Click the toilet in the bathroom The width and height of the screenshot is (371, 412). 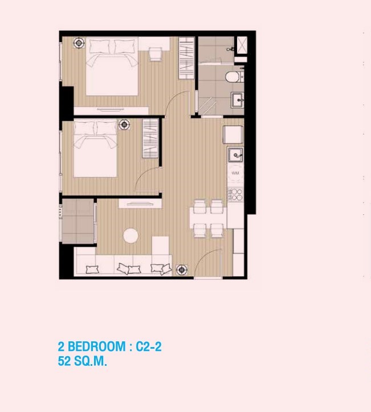pyautogui.click(x=233, y=77)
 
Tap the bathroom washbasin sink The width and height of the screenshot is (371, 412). pyautogui.click(x=237, y=100)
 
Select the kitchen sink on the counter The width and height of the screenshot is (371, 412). pyautogui.click(x=235, y=155)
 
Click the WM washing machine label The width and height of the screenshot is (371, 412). pyautogui.click(x=235, y=173)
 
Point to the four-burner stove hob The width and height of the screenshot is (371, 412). pyautogui.click(x=235, y=195)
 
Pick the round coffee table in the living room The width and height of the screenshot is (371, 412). pyautogui.click(x=131, y=236)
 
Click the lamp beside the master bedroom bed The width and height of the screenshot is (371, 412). pyautogui.click(x=79, y=43)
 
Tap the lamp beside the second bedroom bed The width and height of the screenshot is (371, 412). pyautogui.click(x=124, y=125)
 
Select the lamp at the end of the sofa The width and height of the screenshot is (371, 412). pyautogui.click(x=182, y=270)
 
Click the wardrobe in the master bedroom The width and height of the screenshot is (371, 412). pyautogui.click(x=186, y=58)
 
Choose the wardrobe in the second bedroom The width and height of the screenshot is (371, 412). pyautogui.click(x=150, y=138)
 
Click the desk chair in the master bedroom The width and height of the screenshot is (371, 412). pyautogui.click(x=155, y=54)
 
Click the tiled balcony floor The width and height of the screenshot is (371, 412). pyautogui.click(x=78, y=221)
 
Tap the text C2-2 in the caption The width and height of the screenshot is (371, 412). pyautogui.click(x=148, y=346)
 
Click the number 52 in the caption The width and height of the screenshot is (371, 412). pyautogui.click(x=64, y=361)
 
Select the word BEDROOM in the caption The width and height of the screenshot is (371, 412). pyautogui.click(x=97, y=346)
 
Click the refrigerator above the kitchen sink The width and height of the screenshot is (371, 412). pyautogui.click(x=233, y=135)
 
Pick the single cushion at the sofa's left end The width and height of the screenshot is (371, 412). pyautogui.click(x=92, y=270)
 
